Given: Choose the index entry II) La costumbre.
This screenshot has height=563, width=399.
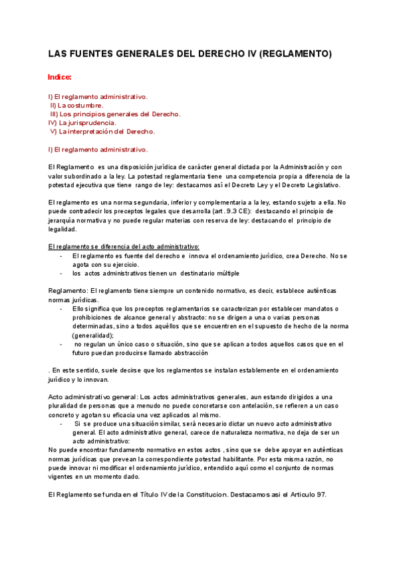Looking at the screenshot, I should pyautogui.click(x=77, y=105).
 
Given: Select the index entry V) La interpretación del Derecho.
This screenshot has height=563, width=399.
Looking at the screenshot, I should pyautogui.click(x=102, y=131).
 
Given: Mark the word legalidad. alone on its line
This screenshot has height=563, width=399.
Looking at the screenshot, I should pyautogui.click(x=63, y=229).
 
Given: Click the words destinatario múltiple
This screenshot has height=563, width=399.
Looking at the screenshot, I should pyautogui.click(x=209, y=273).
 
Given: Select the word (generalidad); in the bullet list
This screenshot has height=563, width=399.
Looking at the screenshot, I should pyautogui.click(x=93, y=335).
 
